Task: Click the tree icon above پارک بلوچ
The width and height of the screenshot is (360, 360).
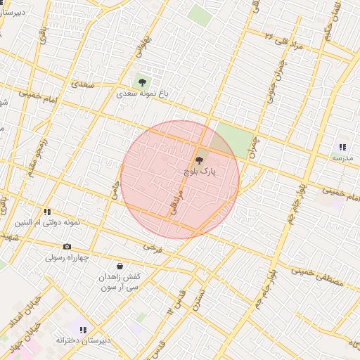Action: pyautogui.click(x=199, y=160)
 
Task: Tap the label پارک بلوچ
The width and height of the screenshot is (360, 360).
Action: pyautogui.click(x=200, y=171)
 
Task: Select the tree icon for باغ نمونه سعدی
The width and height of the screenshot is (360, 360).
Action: pyautogui.click(x=143, y=82)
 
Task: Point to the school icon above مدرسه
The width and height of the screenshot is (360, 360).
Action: pyautogui.click(x=342, y=147)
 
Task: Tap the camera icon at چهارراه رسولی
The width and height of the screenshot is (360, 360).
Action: pyautogui.click(x=67, y=246)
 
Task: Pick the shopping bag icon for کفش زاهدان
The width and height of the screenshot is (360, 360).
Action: pyautogui.click(x=120, y=266)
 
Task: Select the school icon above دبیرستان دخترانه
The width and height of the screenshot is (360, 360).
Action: pyautogui.click(x=84, y=329)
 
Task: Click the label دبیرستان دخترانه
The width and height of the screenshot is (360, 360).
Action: pyautogui.click(x=84, y=340)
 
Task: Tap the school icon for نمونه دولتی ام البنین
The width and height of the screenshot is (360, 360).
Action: pyautogui.click(x=47, y=211)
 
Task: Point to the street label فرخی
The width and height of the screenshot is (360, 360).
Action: pyautogui.click(x=152, y=247)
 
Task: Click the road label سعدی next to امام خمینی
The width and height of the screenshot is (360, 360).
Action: pyautogui.click(x=82, y=84)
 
